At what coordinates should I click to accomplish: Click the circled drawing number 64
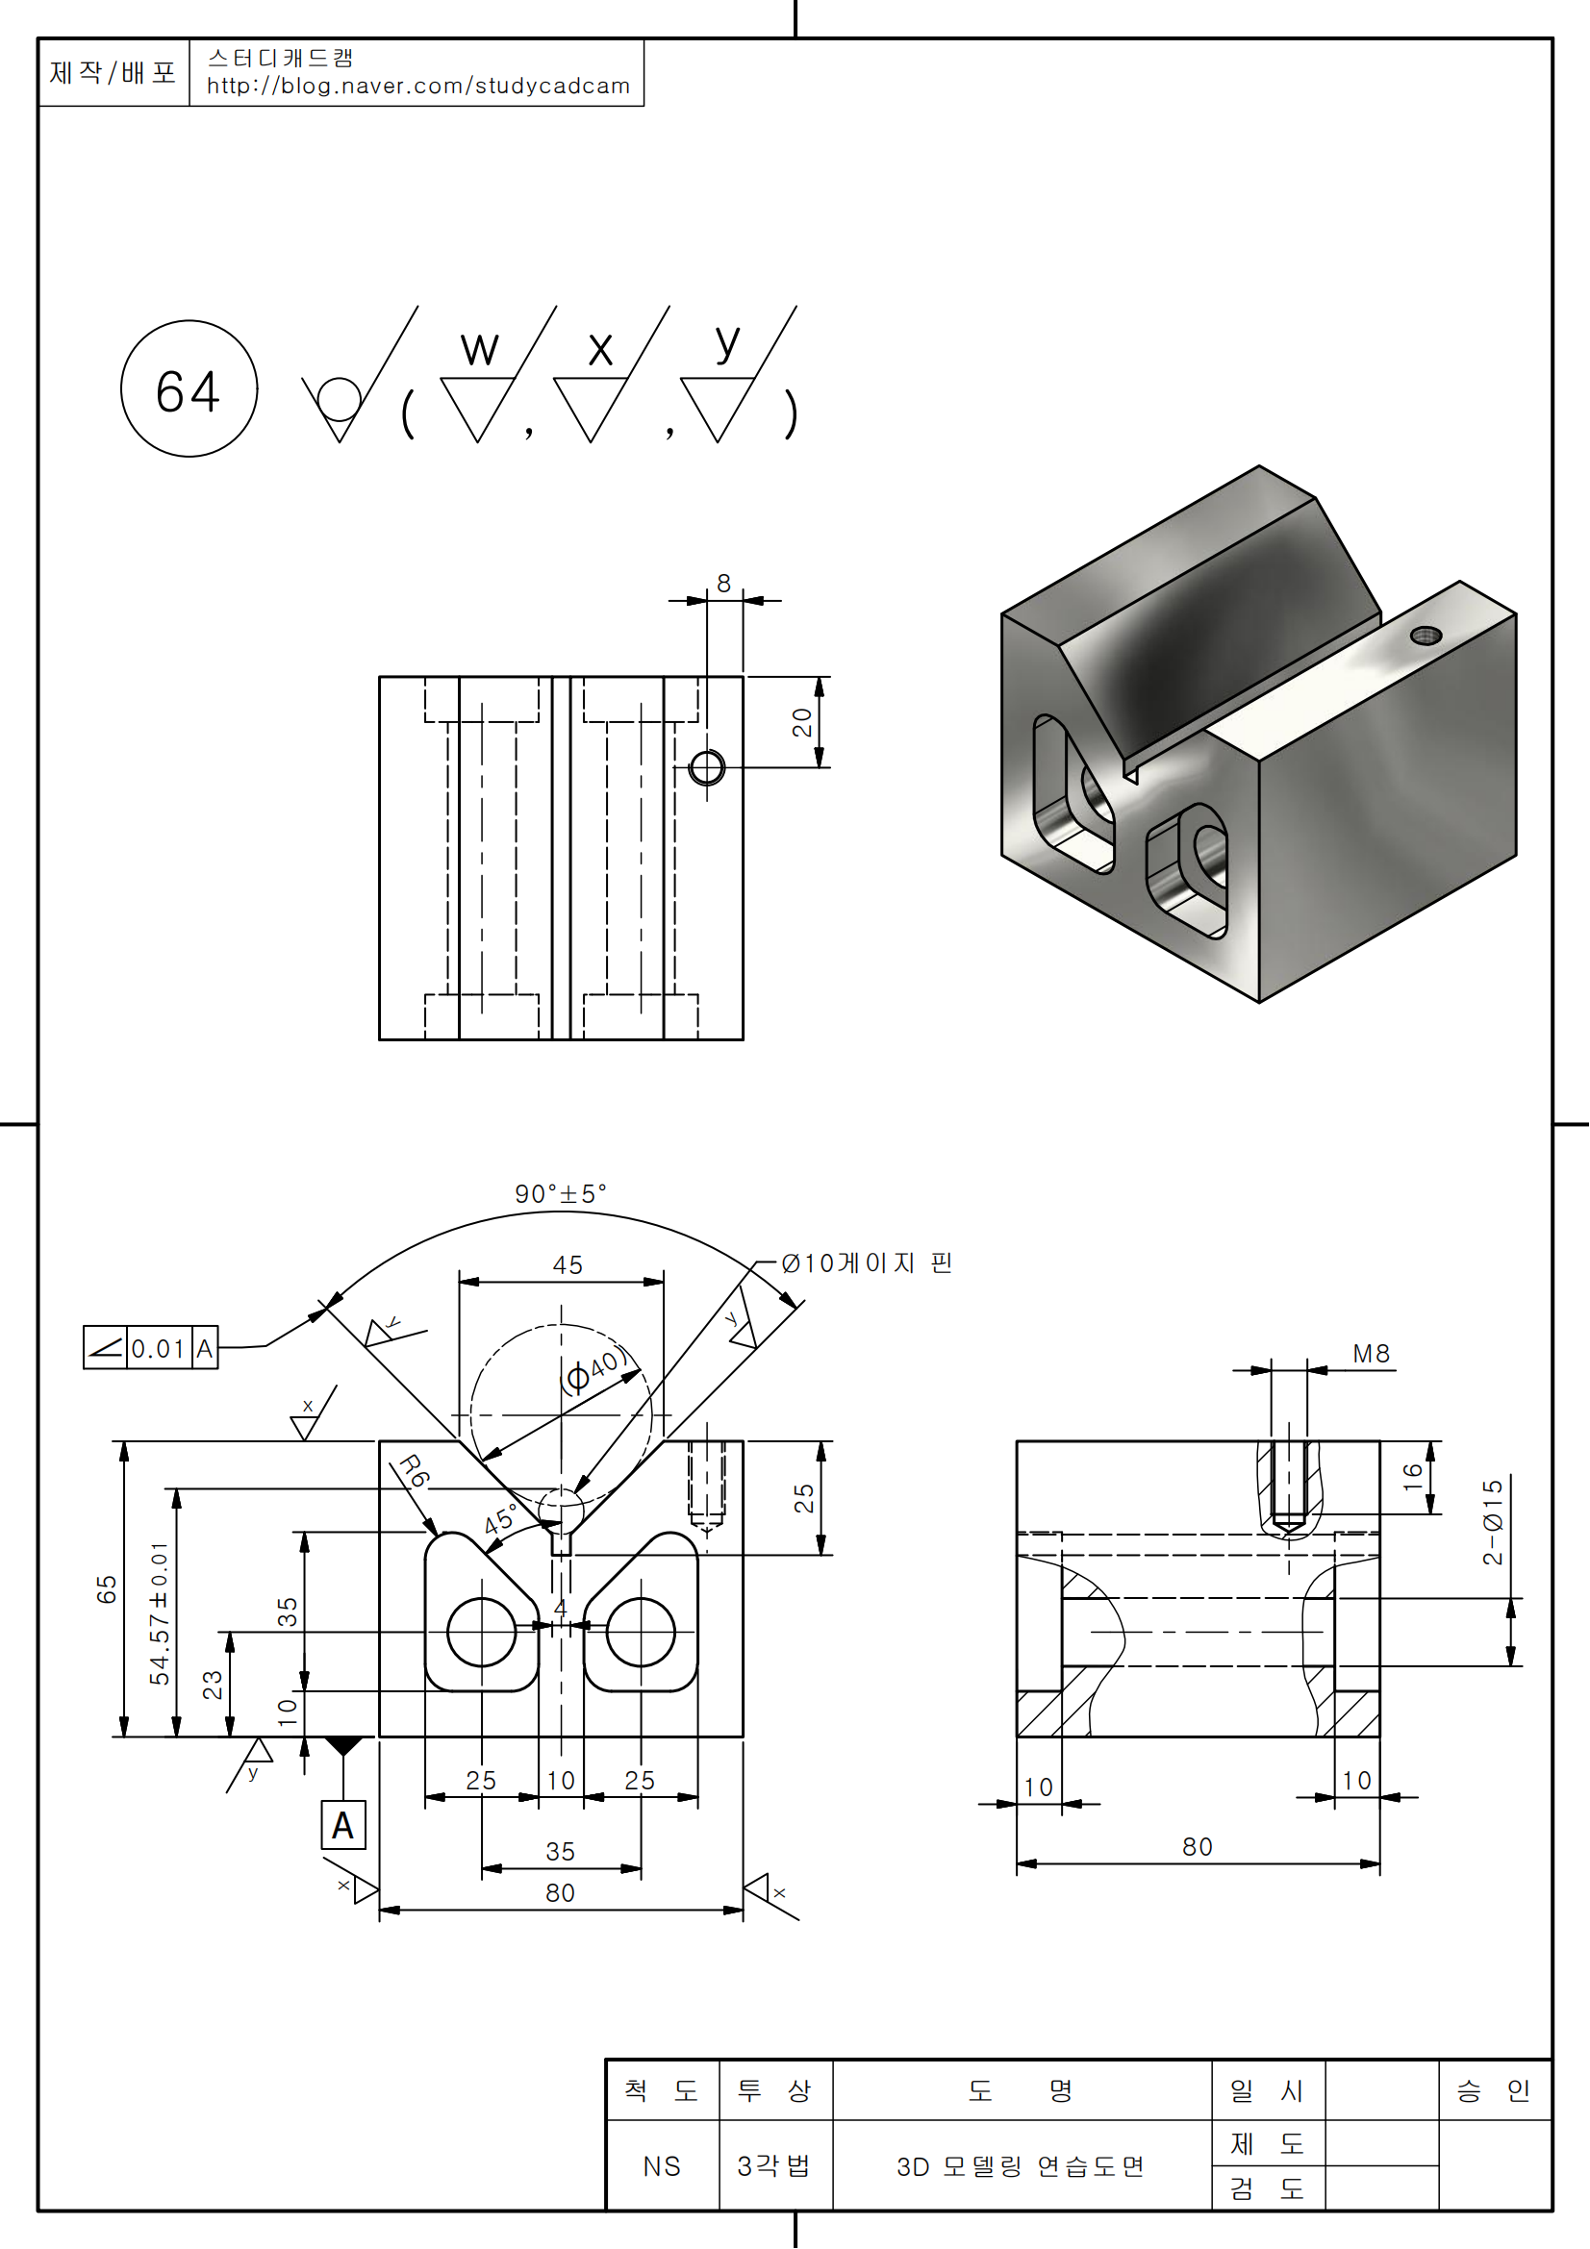189,389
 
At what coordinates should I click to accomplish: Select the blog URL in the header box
417,87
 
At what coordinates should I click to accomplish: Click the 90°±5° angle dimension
561,1194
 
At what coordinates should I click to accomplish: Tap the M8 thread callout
1371,1354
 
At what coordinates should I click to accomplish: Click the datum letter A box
342,1826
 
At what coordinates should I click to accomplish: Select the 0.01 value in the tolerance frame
158,1349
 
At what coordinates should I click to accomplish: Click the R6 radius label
415,1471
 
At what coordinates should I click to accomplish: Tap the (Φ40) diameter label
593,1370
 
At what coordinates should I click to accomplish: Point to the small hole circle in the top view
706,768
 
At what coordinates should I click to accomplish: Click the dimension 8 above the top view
724,584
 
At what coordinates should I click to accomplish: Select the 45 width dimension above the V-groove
568,1265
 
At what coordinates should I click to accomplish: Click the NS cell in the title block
661,2166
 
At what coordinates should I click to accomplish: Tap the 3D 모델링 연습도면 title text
1020,2166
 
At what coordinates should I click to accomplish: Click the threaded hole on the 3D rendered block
1426,635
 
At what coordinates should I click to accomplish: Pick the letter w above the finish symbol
479,349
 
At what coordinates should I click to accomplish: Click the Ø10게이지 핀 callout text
867,1263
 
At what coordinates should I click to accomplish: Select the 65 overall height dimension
106,1588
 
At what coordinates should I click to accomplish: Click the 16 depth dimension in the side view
1413,1476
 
